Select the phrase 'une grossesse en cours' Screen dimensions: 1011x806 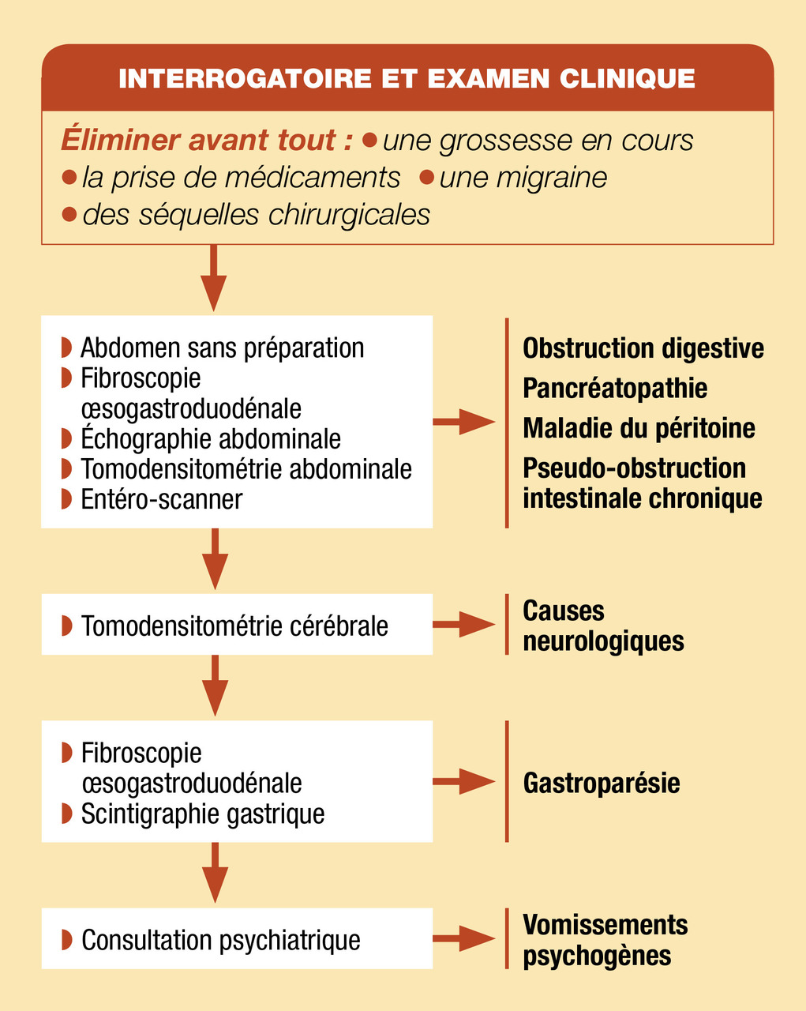[538, 141]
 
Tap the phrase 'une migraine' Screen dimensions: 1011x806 [523, 178]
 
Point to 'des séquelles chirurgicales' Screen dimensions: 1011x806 [256, 214]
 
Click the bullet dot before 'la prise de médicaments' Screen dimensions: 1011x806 [69, 178]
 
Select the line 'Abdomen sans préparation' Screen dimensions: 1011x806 [222, 348]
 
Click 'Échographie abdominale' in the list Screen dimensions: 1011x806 [211, 438]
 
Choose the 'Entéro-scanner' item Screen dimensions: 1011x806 [161, 499]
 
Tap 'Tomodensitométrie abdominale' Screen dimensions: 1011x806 [246, 468]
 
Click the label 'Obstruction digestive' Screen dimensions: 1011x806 [643, 348]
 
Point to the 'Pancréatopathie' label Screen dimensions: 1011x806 [615, 388]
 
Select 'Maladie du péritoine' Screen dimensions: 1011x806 [639, 428]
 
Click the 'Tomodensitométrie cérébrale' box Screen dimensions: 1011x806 [237, 625]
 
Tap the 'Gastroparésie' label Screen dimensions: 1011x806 [602, 783]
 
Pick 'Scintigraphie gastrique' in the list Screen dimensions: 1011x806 [203, 814]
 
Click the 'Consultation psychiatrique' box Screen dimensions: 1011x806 [237, 939]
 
